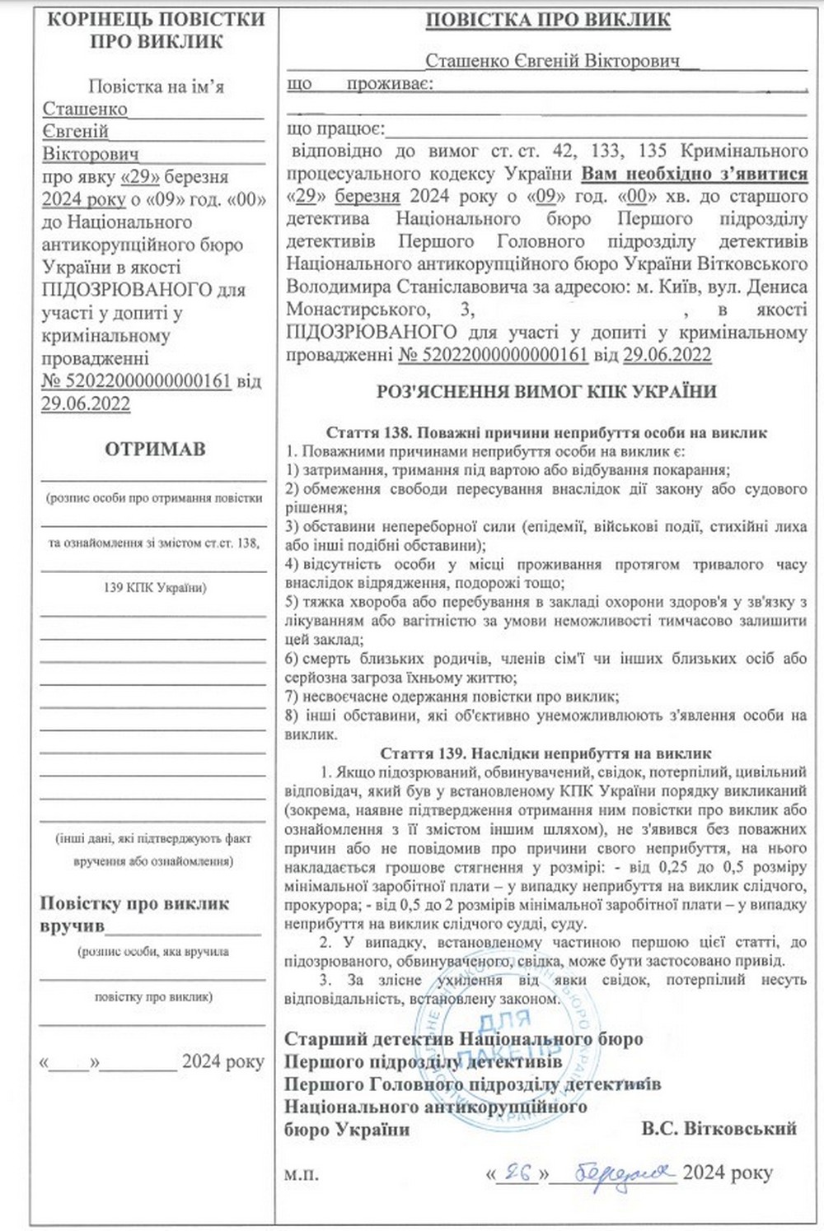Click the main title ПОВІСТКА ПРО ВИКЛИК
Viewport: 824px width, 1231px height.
(546, 20)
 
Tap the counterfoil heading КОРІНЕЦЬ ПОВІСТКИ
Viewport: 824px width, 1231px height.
(156, 19)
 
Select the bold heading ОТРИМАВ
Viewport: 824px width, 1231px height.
(155, 450)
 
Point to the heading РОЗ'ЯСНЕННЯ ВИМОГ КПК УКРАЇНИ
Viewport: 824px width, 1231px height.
(546, 392)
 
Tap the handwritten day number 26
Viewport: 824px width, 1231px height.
(517, 1171)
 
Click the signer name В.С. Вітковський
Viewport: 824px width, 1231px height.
(719, 1128)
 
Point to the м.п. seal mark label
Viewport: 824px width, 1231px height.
(300, 1173)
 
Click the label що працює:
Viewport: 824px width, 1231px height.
(335, 129)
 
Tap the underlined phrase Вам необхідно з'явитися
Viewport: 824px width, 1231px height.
(695, 174)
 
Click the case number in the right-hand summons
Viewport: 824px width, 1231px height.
(492, 355)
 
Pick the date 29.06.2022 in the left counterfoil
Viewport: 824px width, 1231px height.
(86, 403)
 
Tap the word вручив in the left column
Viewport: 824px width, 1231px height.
(73, 926)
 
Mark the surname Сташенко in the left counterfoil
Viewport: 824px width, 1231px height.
(85, 109)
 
